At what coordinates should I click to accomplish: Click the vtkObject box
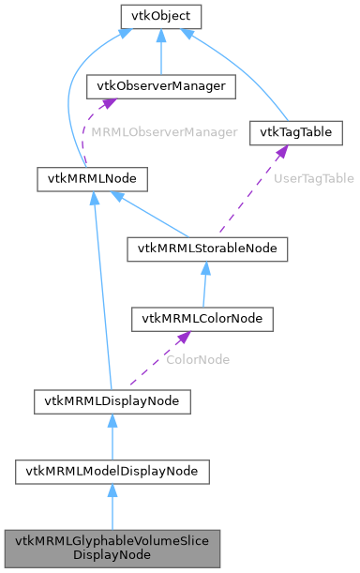[x=160, y=16]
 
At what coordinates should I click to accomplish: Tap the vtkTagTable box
[x=296, y=132]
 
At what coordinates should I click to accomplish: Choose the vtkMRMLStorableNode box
[x=207, y=249]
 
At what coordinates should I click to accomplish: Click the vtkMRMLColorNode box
[x=202, y=318]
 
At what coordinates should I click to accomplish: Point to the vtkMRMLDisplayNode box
[x=112, y=401]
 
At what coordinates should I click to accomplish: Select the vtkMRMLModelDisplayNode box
[x=112, y=471]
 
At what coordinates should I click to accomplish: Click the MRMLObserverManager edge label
[x=163, y=132]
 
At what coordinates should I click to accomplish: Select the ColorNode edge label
[x=197, y=359]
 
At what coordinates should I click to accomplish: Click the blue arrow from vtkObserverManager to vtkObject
[x=160, y=52]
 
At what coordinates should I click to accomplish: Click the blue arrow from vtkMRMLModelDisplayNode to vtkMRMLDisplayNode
[x=112, y=436]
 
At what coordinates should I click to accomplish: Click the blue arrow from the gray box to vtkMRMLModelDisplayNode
[x=112, y=507]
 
